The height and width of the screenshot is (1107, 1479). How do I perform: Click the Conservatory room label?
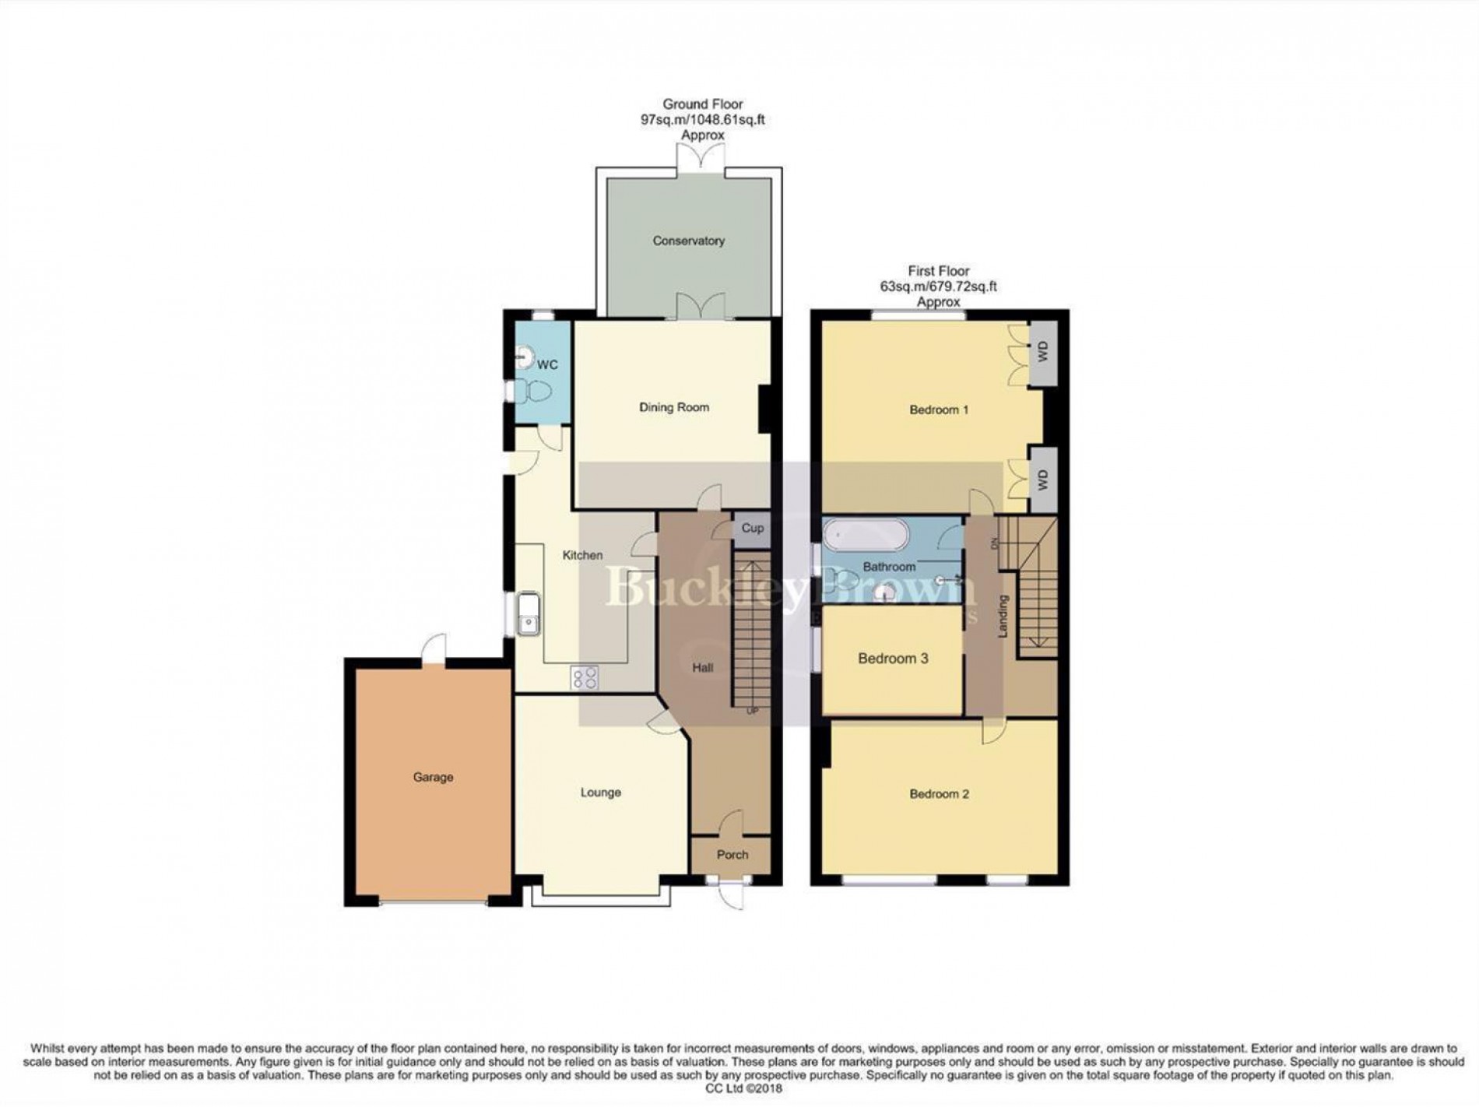[688, 241]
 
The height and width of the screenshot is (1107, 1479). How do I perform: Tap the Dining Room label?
[673, 407]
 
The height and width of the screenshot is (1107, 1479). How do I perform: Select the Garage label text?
[433, 777]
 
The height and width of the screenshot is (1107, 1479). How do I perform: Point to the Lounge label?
[600, 792]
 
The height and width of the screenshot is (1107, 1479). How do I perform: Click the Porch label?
[732, 855]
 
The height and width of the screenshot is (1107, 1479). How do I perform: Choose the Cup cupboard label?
[752, 528]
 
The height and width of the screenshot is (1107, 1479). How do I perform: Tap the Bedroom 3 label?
[893, 659]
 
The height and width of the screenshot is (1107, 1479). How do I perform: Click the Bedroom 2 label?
[939, 794]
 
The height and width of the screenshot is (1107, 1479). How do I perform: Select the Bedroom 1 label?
[939, 409]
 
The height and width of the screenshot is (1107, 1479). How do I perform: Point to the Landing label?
[1003, 617]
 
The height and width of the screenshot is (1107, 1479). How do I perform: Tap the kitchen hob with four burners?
[585, 678]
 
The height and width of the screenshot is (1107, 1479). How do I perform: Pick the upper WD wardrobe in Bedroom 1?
[1043, 353]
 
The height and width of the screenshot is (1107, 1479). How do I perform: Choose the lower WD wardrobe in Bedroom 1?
[1043, 480]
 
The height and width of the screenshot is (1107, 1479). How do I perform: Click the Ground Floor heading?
[702, 104]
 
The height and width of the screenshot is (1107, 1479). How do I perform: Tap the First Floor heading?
[938, 272]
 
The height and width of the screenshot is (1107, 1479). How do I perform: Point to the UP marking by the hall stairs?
[752, 711]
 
